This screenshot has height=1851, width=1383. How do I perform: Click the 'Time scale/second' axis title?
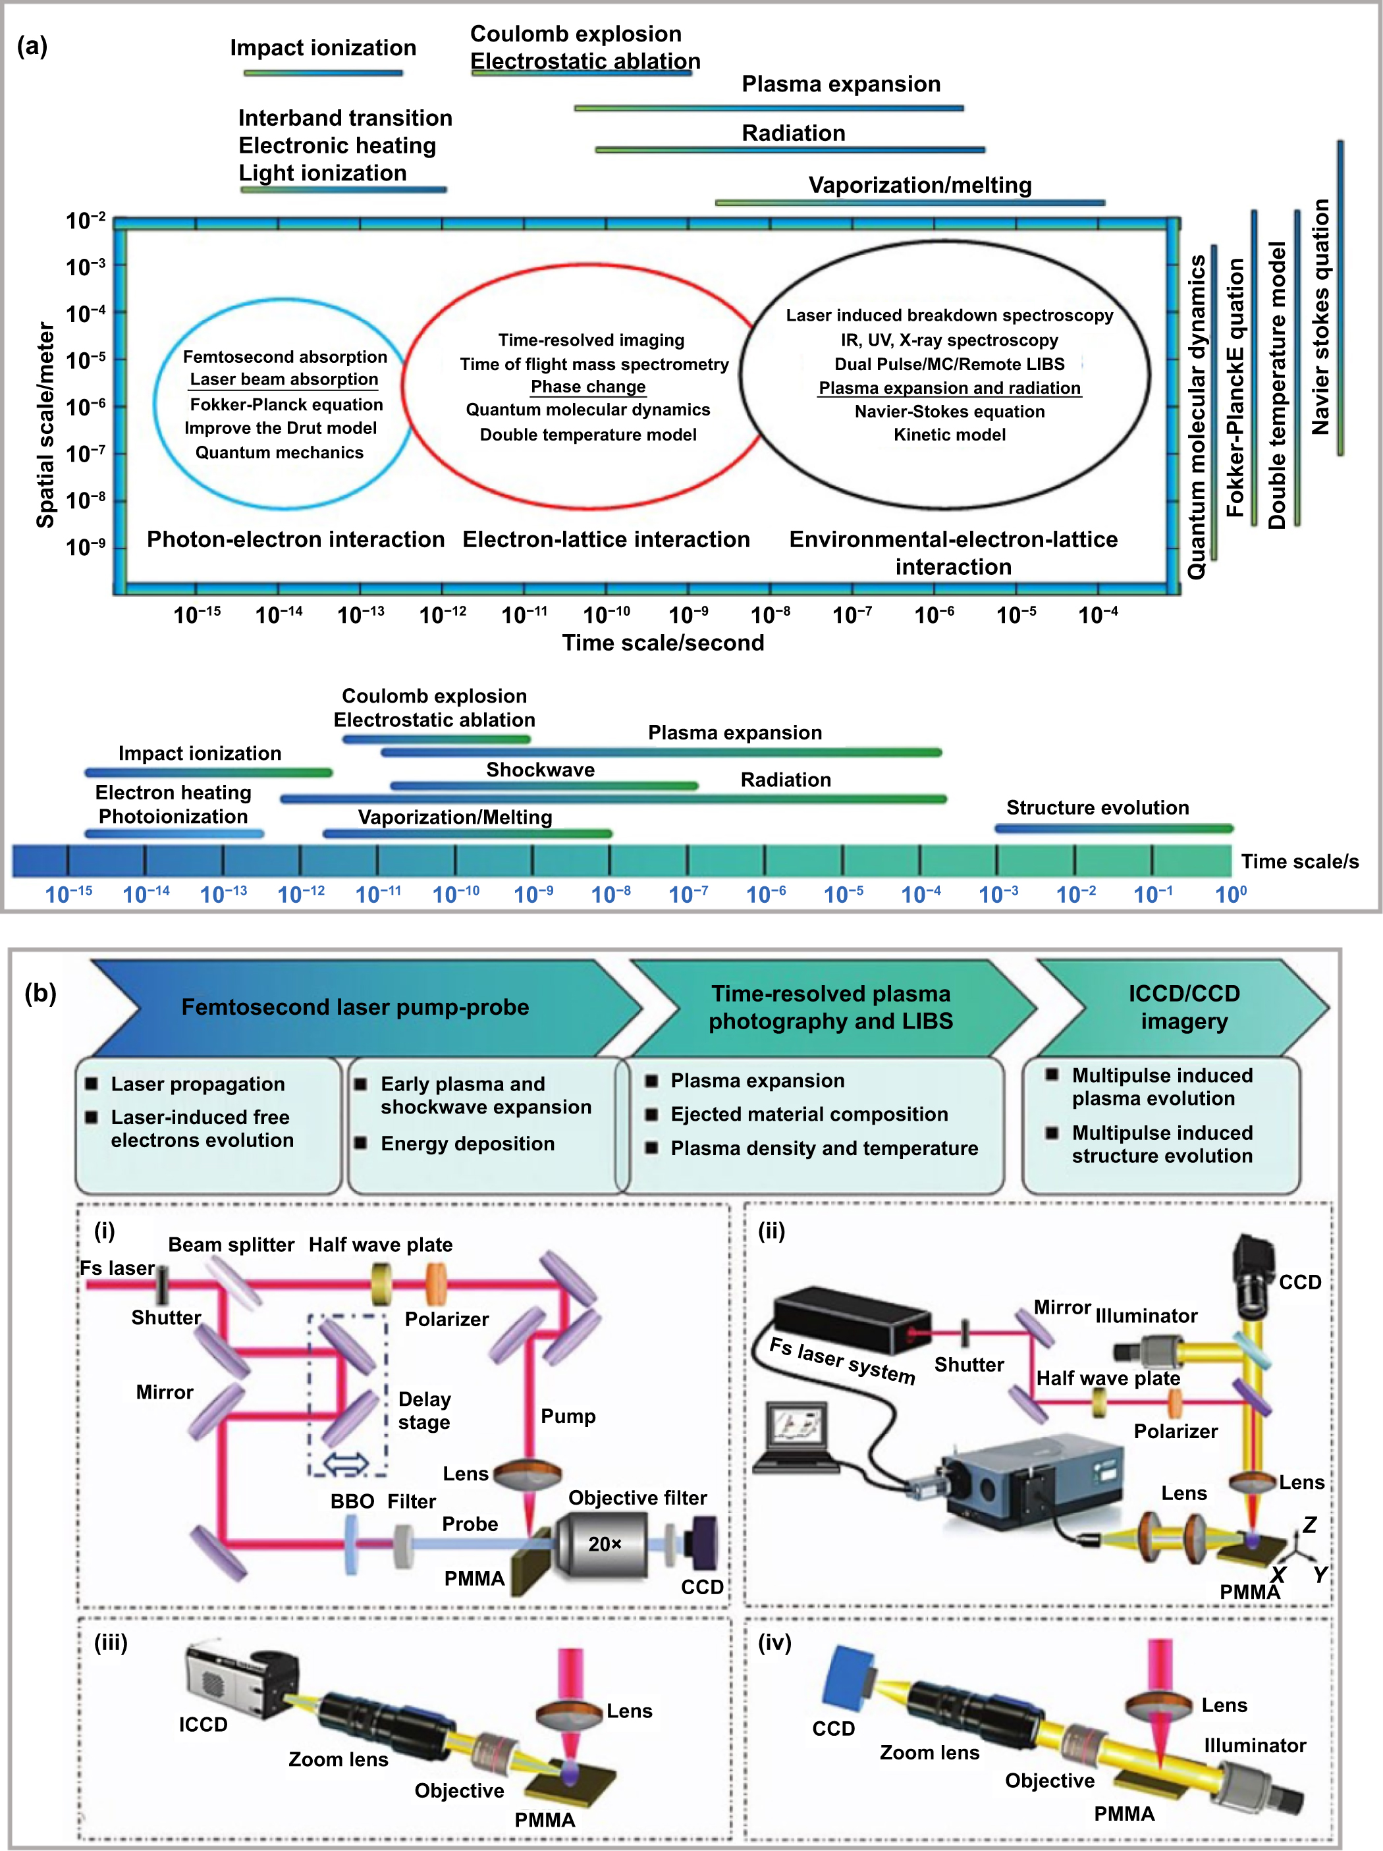[x=663, y=642]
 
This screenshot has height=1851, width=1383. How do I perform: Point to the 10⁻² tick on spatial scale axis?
[x=86, y=220]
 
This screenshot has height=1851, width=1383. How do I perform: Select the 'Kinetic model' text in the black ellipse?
[x=949, y=435]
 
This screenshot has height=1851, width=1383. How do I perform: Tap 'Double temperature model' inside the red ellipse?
[x=587, y=435]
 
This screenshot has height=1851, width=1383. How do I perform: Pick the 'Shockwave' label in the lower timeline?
[x=541, y=769]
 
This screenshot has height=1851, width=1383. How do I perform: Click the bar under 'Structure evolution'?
[x=1113, y=828]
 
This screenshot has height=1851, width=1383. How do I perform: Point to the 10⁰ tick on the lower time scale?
[x=1230, y=894]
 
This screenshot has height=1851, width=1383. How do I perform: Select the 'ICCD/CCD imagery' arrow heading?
[x=1183, y=1007]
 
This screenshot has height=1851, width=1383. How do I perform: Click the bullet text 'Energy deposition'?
[x=467, y=1143]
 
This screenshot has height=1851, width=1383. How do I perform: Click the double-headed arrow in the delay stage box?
[x=346, y=1462]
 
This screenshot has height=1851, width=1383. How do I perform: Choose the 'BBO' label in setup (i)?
[x=352, y=1501]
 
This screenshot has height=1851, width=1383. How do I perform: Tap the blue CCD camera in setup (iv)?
[x=848, y=1678]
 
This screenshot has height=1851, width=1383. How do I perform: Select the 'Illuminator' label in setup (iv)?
[x=1254, y=1745]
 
